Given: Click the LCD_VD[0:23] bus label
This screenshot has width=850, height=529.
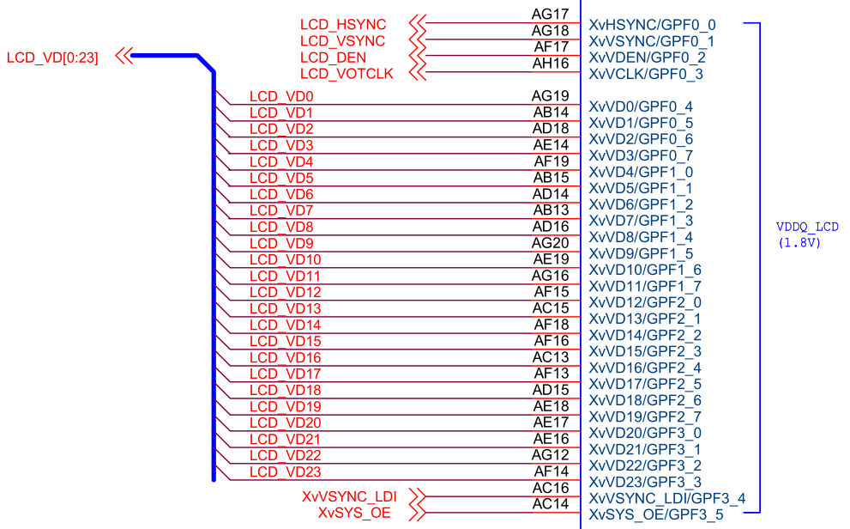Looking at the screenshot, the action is coord(52,58).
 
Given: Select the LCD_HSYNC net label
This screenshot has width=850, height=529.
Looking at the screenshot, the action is coord(343,25).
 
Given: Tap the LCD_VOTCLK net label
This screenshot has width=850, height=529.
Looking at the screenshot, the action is coord(347,74).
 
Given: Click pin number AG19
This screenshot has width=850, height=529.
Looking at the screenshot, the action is coord(550,96).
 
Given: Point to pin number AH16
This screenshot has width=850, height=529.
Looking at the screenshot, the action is coord(550,64).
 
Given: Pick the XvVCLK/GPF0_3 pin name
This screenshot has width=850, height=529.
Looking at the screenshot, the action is coord(646,74).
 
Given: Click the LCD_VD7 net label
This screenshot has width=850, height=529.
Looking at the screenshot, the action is coord(281,210).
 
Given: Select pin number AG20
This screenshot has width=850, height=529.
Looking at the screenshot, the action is coord(550,243).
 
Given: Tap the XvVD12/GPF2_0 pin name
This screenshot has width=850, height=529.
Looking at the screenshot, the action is coord(645,302).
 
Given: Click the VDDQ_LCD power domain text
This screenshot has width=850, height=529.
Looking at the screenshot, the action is coord(807,227).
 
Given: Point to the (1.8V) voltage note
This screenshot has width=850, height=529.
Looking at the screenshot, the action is coord(799,242).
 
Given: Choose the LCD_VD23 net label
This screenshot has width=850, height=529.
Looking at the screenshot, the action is coord(285,472).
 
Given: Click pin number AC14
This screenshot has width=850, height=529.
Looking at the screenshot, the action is coord(550,504).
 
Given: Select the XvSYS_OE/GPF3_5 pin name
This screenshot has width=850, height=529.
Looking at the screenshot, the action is coord(656,514).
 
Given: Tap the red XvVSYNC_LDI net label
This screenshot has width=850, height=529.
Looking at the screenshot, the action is coord(349,497).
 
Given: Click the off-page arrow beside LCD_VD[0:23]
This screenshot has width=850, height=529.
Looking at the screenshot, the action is coord(124,56).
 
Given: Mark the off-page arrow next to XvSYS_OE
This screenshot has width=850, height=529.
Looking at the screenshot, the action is coord(418,513).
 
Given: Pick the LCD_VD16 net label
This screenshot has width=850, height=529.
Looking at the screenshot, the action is coord(285,357).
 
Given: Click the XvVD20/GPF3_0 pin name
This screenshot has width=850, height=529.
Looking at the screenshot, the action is coord(645,433).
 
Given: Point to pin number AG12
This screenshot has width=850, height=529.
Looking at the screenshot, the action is coord(550,455).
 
